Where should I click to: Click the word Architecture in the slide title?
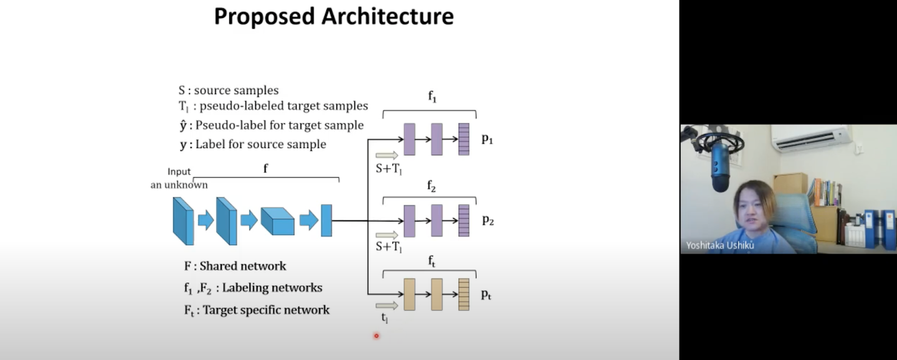[x=387, y=16]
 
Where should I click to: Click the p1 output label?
[x=487, y=139]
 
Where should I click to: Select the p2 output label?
[x=487, y=220]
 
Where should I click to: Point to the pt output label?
[x=486, y=295]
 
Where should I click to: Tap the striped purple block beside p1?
[x=463, y=139]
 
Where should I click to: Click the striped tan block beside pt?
[x=463, y=295]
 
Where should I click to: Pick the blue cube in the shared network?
[x=277, y=220]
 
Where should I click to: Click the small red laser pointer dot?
[x=376, y=336]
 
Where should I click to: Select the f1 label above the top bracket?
[x=432, y=97]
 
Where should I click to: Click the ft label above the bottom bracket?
[x=432, y=262]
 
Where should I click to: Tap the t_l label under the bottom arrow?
[x=384, y=318]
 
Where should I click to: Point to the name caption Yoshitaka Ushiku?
[x=720, y=245]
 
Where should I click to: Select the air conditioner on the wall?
[x=811, y=138]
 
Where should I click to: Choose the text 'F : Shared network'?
[x=235, y=266]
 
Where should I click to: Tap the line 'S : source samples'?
[x=229, y=90]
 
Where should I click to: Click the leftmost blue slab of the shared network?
[x=183, y=220]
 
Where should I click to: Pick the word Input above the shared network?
[x=179, y=172]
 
